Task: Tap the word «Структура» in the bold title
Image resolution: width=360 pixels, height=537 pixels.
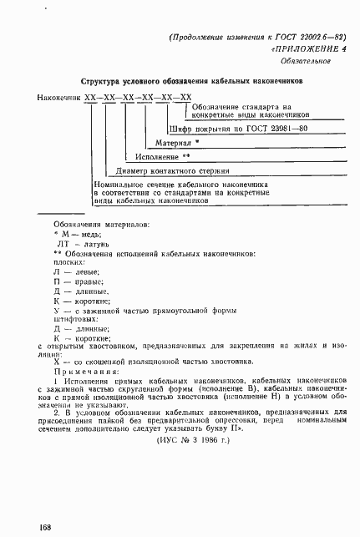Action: pyautogui.click(x=104, y=82)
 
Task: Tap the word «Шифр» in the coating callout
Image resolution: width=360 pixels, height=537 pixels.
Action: pyautogui.click(x=180, y=129)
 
